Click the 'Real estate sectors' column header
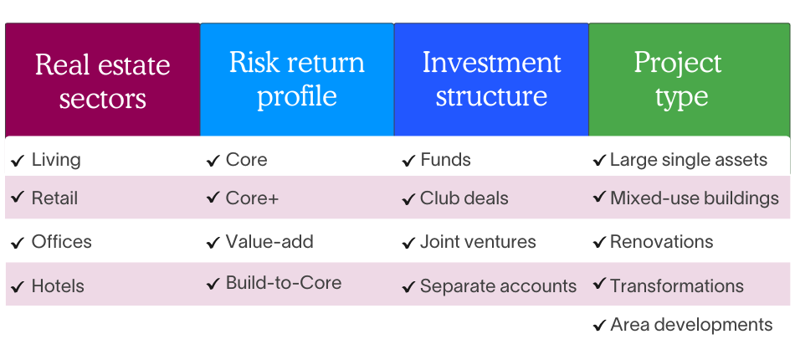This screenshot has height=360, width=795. pos(102,80)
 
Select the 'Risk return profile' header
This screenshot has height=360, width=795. pos(296,80)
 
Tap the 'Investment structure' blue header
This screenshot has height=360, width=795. pos(491,80)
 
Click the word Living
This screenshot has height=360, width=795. pos(56,159)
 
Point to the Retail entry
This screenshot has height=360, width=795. pos(54,198)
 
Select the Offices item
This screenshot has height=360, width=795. pos(61,242)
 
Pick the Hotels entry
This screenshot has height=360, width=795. pos(58,286)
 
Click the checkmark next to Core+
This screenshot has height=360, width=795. pos(213,199)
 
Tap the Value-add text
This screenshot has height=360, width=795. pos(269,242)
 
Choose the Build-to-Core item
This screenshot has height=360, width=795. pos(284,283)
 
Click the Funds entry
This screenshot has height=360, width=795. pos(445,160)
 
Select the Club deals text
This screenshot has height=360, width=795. pos(464,199)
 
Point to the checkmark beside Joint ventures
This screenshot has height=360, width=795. pos(408,244)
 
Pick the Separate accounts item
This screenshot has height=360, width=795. pos(498,286)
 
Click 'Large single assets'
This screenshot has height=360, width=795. pos(688,160)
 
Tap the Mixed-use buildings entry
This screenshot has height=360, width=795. pos(694,198)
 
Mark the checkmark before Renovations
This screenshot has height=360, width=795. pos(599,243)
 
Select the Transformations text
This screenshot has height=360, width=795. pos(676,285)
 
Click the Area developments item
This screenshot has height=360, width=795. pos(691,325)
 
